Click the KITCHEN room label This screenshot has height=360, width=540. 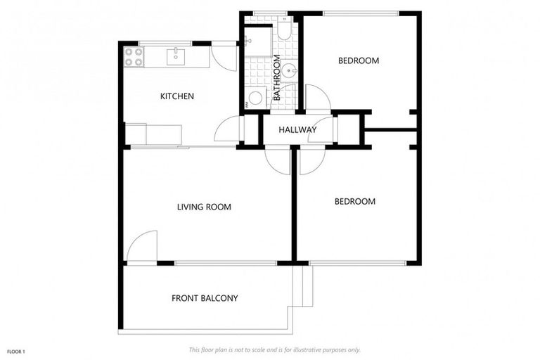176,96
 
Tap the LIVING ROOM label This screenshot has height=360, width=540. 204,207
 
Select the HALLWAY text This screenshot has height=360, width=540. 297,130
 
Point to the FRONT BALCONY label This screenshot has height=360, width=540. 205,298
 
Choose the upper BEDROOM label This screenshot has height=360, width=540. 358,61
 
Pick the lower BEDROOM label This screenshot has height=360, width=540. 354,202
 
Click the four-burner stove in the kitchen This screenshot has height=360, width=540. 133,57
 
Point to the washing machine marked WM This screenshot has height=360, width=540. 255,98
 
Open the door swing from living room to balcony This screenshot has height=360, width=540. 143,247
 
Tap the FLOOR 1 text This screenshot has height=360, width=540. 16,351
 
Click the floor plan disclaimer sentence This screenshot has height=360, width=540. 274,349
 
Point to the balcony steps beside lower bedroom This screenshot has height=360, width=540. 303,286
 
